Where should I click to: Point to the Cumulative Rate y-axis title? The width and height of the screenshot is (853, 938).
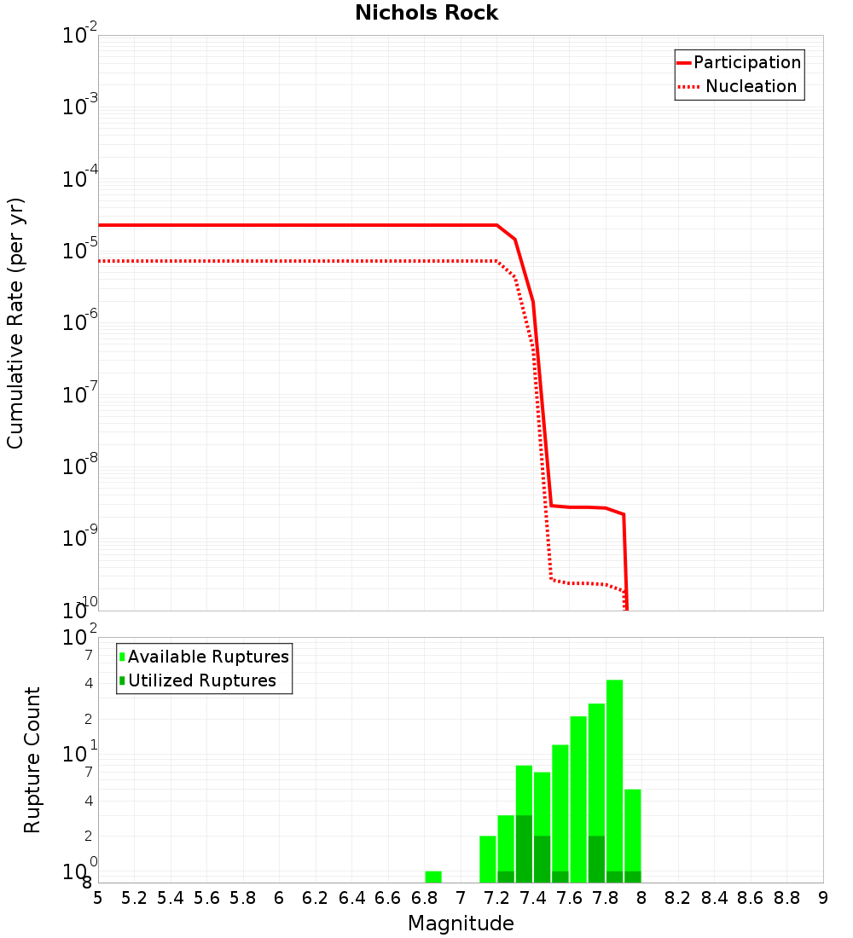[x=15, y=322]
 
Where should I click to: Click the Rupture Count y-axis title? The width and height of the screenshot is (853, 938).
[x=32, y=760]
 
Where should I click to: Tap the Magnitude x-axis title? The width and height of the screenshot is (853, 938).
[x=461, y=924]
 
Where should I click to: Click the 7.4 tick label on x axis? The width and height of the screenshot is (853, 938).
[x=533, y=898]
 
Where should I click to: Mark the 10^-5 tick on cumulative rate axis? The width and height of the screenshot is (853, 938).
[x=79, y=252]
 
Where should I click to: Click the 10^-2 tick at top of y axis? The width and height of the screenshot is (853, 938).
[x=79, y=37]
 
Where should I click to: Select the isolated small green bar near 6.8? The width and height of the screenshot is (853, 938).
[x=433, y=877]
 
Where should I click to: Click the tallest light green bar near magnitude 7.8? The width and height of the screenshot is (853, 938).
[x=614, y=780]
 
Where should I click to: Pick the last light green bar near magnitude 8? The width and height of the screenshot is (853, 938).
[x=632, y=836]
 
